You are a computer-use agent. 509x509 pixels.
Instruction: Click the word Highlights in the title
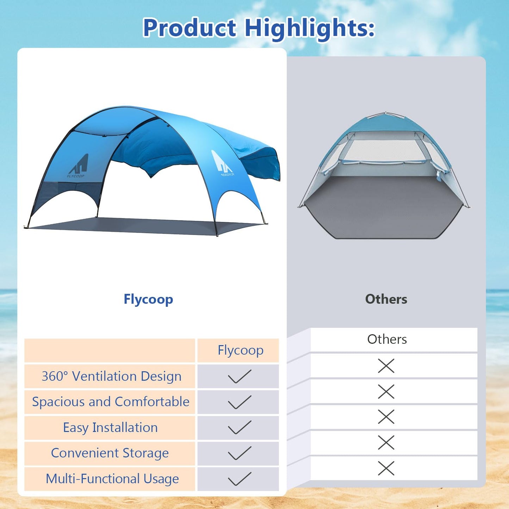point(309,28)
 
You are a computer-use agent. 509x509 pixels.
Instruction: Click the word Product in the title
point(190,28)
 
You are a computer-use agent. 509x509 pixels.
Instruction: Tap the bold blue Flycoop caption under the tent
point(148,299)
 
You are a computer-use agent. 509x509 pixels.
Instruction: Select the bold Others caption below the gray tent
point(386,299)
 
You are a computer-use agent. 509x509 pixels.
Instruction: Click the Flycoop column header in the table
point(240,350)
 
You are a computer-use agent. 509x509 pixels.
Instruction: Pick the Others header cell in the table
point(387,339)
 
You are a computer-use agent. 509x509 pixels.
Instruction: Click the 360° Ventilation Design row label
point(111,376)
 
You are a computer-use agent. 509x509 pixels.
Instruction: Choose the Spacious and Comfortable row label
point(111,402)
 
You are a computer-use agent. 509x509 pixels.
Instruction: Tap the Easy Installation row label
point(110,428)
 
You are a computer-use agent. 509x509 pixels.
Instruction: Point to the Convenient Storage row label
point(110,453)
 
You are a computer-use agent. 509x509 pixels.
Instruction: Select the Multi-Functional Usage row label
point(112,479)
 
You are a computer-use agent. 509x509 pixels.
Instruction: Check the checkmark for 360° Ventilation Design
point(240,376)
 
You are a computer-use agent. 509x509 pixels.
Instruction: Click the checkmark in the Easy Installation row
point(240,427)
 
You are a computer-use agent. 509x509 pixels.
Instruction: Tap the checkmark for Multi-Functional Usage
point(240,479)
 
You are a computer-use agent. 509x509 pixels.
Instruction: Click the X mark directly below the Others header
point(386,366)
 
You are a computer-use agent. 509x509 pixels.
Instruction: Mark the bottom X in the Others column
point(386,468)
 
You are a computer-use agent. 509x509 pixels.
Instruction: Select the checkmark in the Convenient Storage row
point(240,453)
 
